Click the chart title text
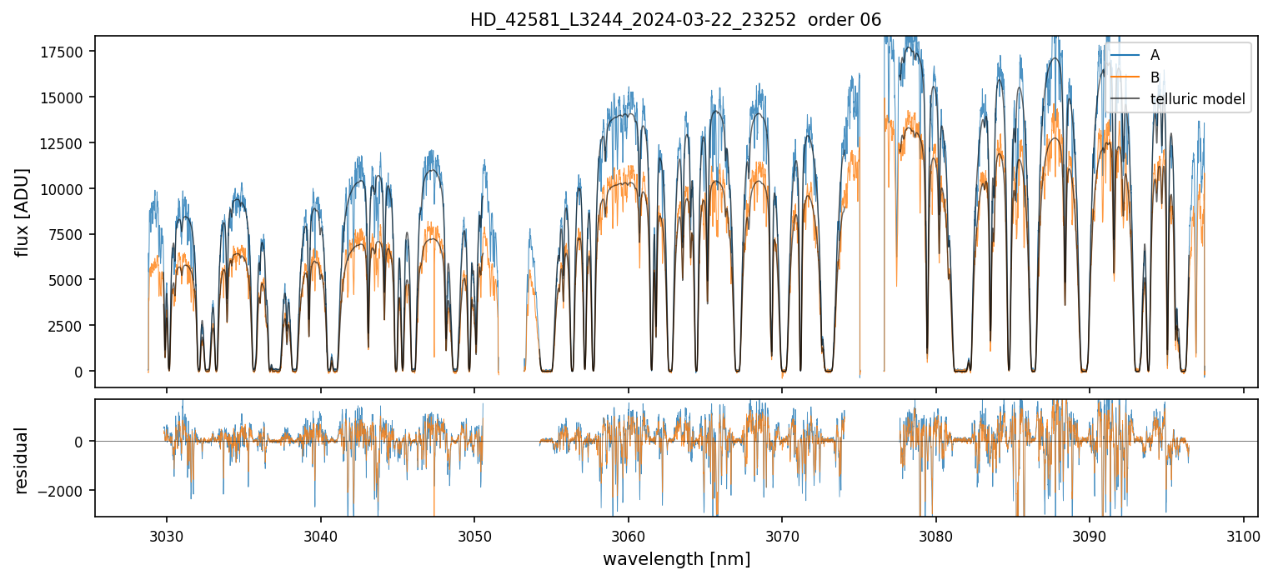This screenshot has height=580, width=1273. click(675, 20)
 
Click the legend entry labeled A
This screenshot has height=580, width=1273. click(1155, 55)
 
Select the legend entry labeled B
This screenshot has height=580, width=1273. click(1155, 77)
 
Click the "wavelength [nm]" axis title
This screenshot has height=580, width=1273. click(676, 559)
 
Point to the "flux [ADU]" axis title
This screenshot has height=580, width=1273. click(22, 212)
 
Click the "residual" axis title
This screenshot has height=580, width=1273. click(22, 460)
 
